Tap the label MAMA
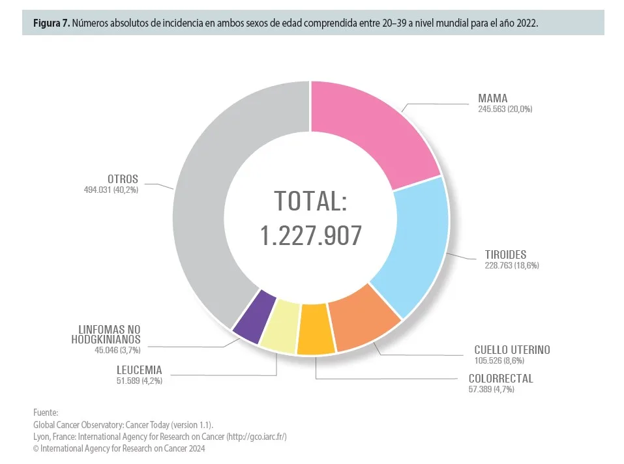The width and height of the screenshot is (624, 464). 492,98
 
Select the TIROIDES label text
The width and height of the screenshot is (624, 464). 505,254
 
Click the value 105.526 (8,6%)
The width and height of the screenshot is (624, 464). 499,360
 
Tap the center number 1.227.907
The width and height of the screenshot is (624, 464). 311,236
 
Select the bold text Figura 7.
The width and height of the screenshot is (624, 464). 51,23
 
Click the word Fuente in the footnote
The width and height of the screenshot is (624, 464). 45,413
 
